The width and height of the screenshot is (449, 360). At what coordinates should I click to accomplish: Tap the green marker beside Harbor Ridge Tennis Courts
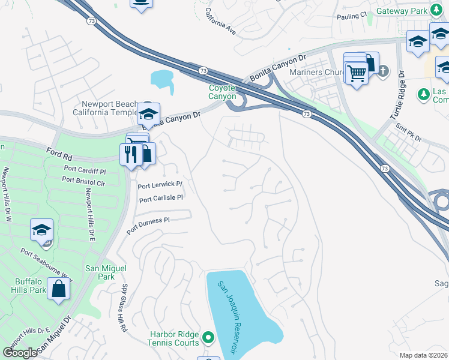pos(208,338)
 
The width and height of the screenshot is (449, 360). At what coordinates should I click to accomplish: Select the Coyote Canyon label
pos(222,92)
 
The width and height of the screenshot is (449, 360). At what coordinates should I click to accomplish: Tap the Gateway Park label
pos(402,11)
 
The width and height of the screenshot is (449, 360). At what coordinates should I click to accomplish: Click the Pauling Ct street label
pos(352,16)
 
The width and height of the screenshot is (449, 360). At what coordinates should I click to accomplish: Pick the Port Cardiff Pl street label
pos(84,170)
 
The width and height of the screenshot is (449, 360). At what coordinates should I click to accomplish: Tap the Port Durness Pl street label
pos(148,225)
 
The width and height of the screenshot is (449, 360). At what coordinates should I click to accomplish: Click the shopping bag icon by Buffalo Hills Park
pos(59,289)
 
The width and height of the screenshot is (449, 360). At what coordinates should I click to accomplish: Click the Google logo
pos(20,353)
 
